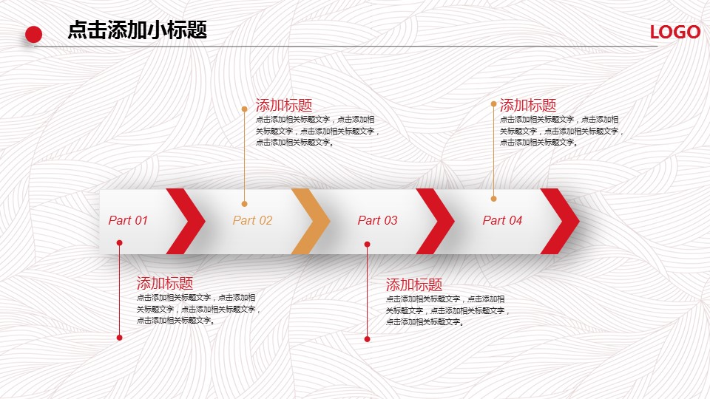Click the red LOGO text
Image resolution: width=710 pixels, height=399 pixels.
click(x=675, y=32)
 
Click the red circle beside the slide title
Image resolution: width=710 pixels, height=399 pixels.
click(x=33, y=35)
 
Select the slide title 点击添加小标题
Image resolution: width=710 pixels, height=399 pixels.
click(x=138, y=30)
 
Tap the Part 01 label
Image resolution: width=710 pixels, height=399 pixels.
click(x=128, y=220)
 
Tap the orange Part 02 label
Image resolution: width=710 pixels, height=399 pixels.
click(x=253, y=220)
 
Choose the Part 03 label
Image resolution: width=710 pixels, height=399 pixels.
click(x=378, y=220)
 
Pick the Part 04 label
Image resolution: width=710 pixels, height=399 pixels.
click(x=503, y=220)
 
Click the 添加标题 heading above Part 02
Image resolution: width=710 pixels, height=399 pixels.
click(x=284, y=106)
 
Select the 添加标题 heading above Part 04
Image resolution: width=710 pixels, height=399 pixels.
click(x=528, y=106)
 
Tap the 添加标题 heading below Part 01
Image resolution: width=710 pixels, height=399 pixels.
click(x=165, y=284)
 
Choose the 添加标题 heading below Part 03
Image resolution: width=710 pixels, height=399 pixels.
click(x=414, y=285)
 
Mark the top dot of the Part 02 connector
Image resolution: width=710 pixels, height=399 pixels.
click(x=245, y=109)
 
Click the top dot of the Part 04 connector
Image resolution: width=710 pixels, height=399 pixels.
click(x=493, y=104)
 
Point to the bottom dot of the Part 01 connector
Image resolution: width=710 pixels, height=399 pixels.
click(x=120, y=338)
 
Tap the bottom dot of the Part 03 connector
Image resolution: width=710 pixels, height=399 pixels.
click(x=368, y=339)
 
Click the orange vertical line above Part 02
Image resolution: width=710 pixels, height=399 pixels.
click(x=245, y=157)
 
